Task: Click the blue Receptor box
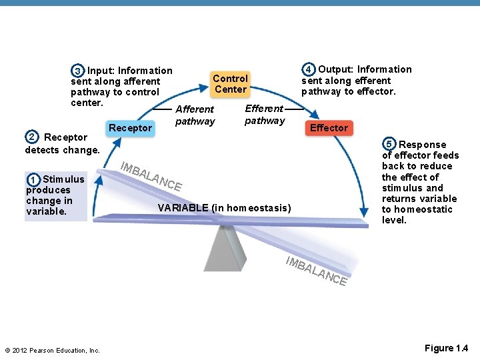click(131, 127)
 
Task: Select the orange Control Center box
click(231, 83)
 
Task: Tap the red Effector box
click(329, 127)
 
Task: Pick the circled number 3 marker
click(78, 71)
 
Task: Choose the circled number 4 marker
click(309, 69)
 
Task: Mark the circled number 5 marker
click(389, 145)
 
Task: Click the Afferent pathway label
click(195, 115)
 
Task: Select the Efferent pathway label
click(265, 114)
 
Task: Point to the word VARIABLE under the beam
click(183, 208)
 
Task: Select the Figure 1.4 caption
click(446, 348)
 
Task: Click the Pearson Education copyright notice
click(52, 350)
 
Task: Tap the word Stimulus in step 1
click(63, 179)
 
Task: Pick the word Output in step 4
click(336, 69)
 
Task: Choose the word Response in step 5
click(423, 145)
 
